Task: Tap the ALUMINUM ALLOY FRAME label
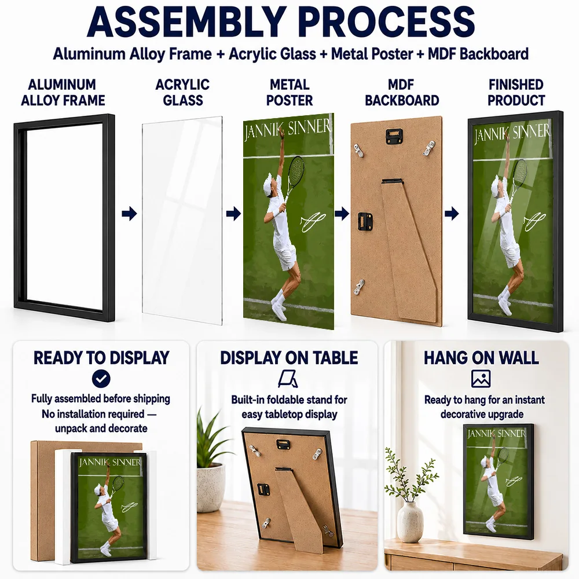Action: click(x=63, y=92)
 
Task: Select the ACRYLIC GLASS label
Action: click(x=182, y=92)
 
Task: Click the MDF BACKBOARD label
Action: click(x=402, y=92)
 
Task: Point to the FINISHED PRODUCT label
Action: click(x=516, y=92)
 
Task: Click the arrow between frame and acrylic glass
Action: click(x=129, y=214)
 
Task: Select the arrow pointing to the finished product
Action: click(x=451, y=214)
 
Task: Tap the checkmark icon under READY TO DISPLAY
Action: click(x=101, y=379)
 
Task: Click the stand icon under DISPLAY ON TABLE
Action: click(x=288, y=379)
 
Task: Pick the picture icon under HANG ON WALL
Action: click(x=481, y=379)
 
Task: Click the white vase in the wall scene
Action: click(x=410, y=522)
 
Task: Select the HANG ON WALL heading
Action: click(x=481, y=358)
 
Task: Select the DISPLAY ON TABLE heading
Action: click(x=289, y=358)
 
